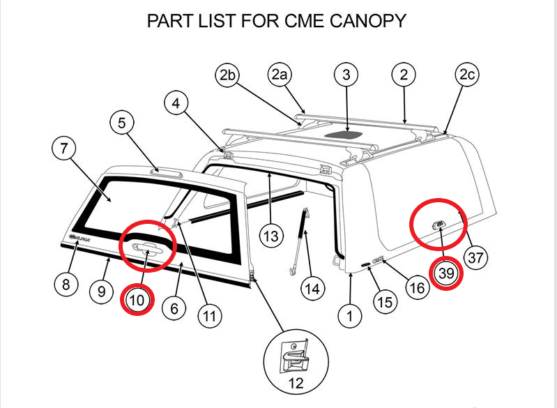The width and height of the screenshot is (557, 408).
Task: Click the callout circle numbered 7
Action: click(64, 149)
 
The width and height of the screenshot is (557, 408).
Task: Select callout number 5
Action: click(122, 123)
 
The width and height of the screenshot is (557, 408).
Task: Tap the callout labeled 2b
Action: click(227, 75)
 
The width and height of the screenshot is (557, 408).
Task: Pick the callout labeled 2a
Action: click(280, 75)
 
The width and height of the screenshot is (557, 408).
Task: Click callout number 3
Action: click(346, 75)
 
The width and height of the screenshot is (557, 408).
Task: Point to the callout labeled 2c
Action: click(466, 75)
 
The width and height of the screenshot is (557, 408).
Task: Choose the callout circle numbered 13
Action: click(273, 236)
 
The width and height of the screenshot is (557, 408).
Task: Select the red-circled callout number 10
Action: click(137, 301)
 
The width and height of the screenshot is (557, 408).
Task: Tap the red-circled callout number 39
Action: click(446, 274)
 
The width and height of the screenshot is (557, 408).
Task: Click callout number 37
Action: click(475, 258)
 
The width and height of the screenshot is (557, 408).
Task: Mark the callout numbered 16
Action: click(417, 288)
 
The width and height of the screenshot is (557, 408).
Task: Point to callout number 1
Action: click(350, 316)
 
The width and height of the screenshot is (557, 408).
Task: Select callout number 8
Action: click(66, 284)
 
